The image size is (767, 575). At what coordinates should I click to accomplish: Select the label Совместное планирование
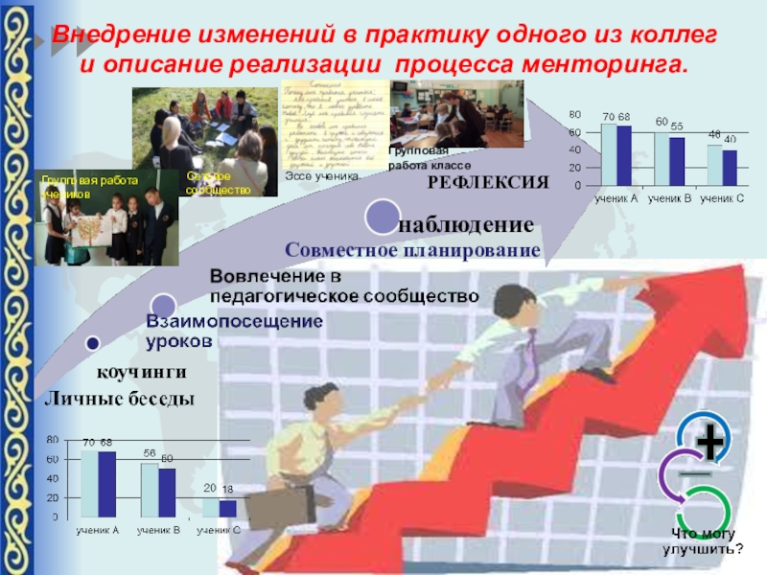click(x=413, y=250)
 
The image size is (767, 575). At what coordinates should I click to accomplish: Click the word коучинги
click(x=139, y=371)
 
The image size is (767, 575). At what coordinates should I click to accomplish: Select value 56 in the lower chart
click(x=150, y=452)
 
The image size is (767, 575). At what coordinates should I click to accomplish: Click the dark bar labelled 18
click(x=227, y=508)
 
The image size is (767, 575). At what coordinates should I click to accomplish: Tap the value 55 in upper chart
click(x=677, y=126)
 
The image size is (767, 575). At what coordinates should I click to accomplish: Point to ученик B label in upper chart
click(x=669, y=197)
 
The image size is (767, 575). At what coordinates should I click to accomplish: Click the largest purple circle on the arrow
click(x=381, y=215)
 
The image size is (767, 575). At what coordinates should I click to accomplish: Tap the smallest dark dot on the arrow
click(x=93, y=342)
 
